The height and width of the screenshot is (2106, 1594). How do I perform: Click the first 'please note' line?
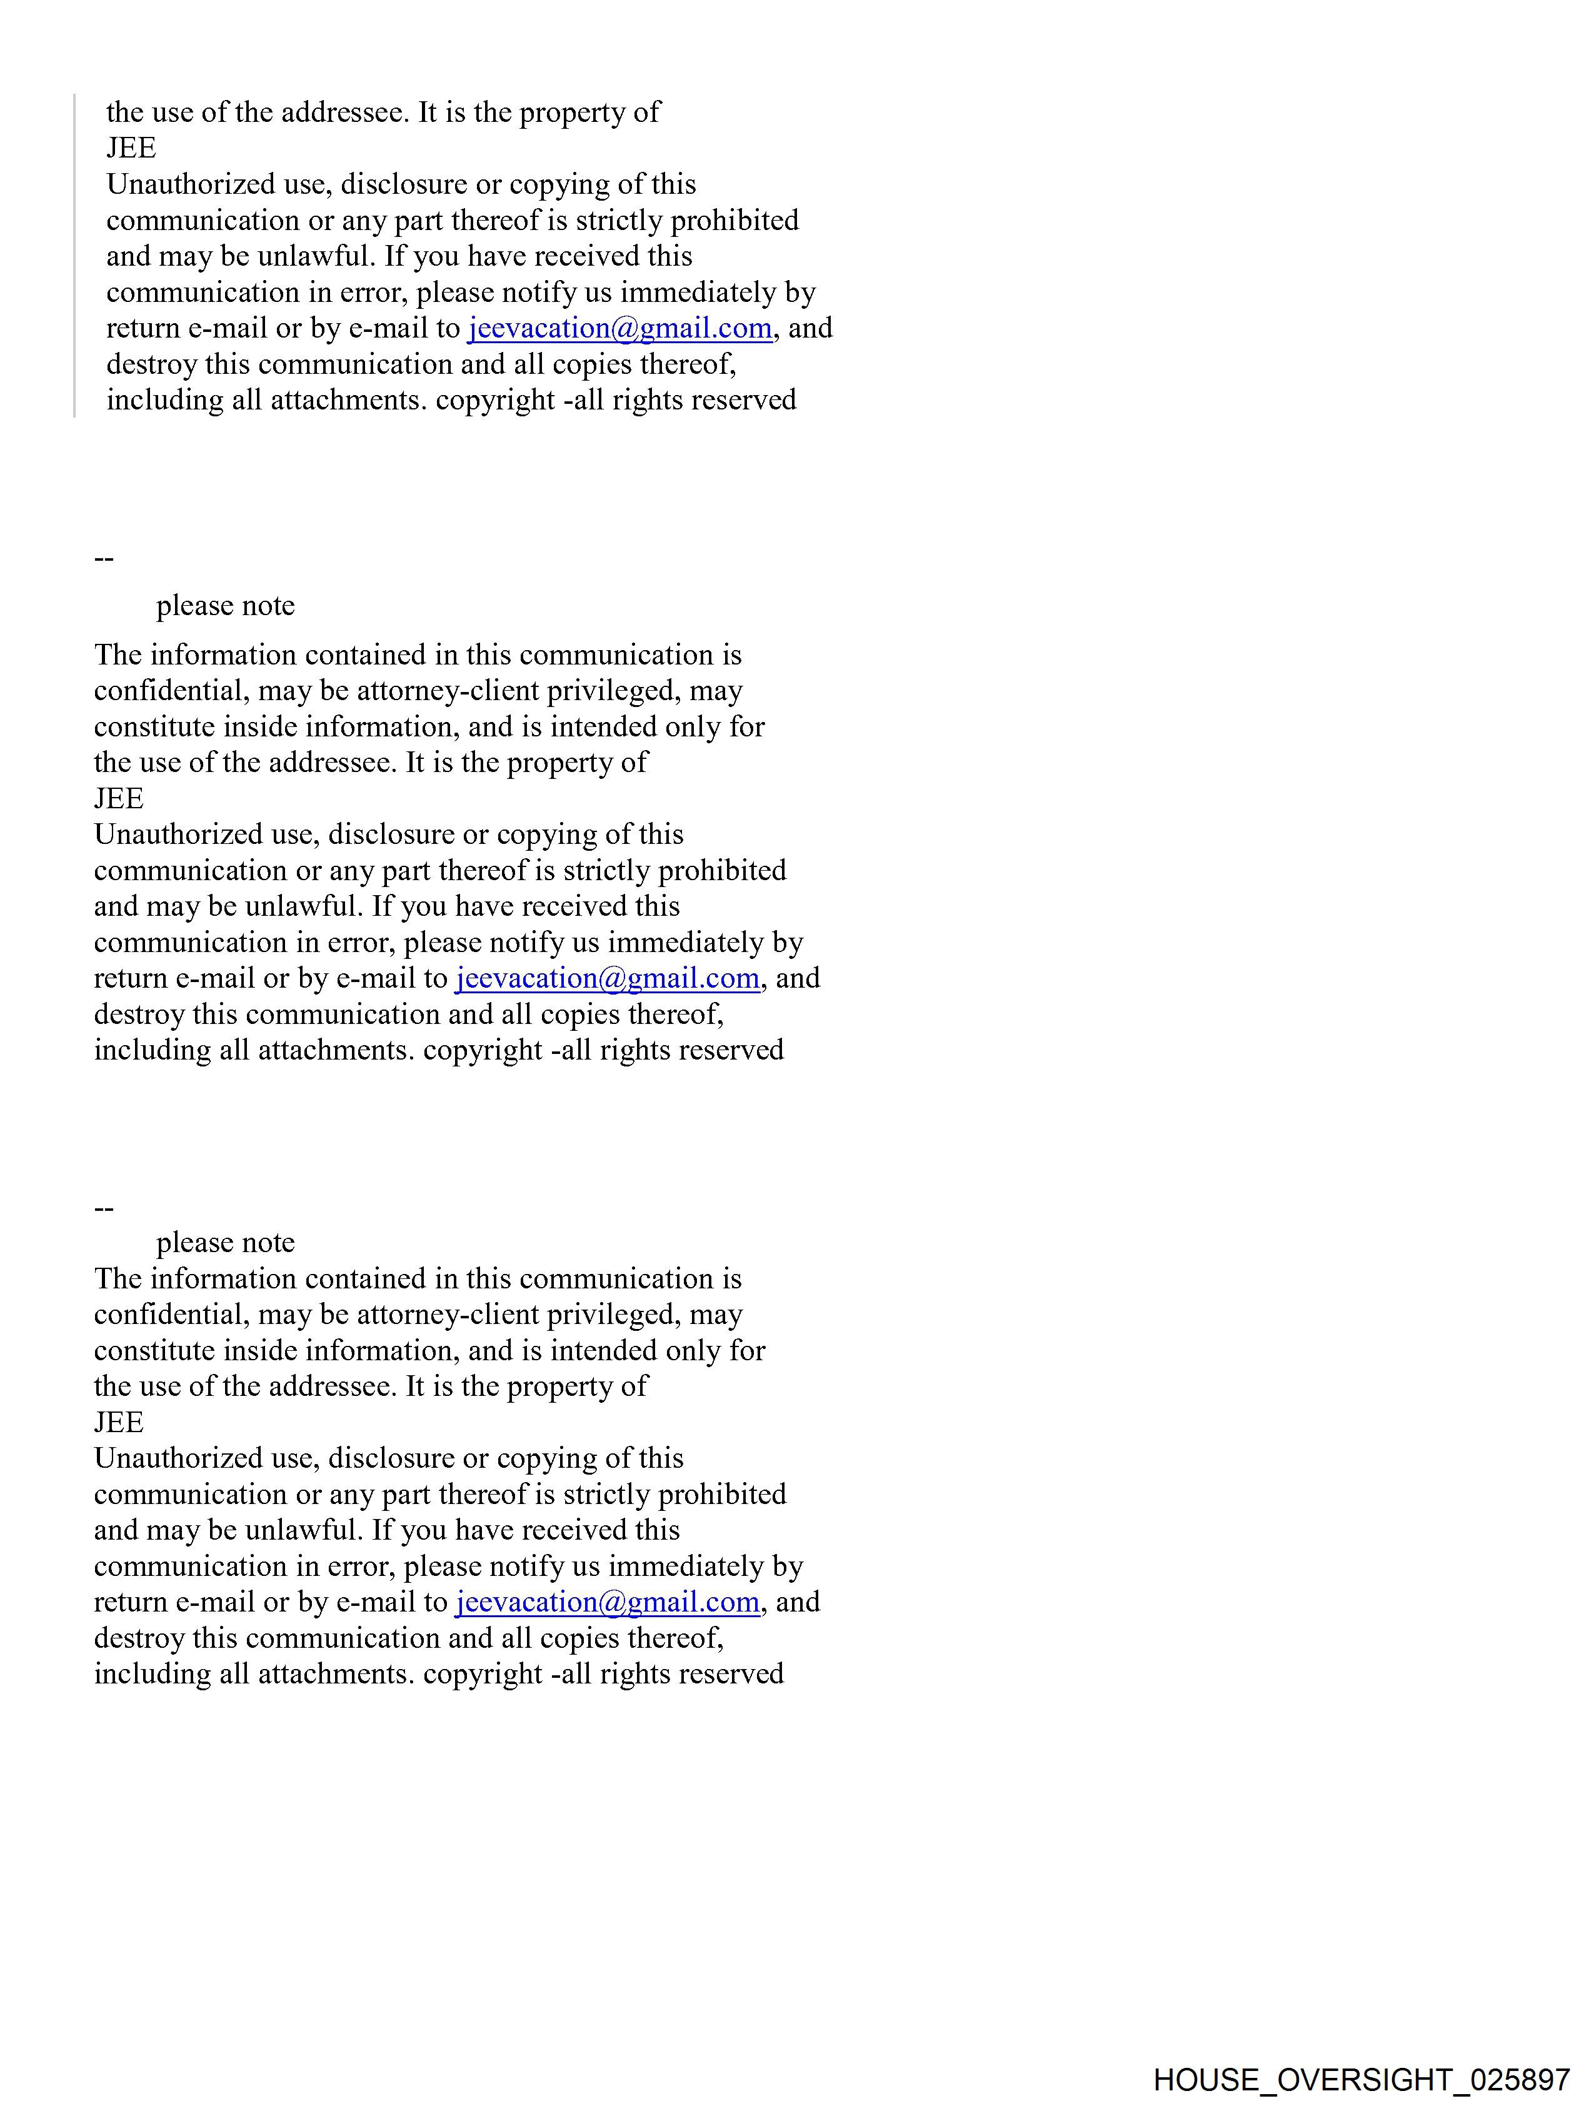pyautogui.click(x=226, y=606)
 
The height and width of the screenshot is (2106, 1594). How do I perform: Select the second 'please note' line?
pyautogui.click(x=226, y=1243)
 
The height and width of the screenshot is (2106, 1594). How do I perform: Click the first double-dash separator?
pyautogui.click(x=104, y=559)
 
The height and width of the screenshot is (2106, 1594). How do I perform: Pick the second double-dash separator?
pyautogui.click(x=104, y=1209)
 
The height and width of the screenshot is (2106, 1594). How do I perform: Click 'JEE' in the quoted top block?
pyautogui.click(x=131, y=149)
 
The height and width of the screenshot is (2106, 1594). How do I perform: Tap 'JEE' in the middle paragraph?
pyautogui.click(x=118, y=799)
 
